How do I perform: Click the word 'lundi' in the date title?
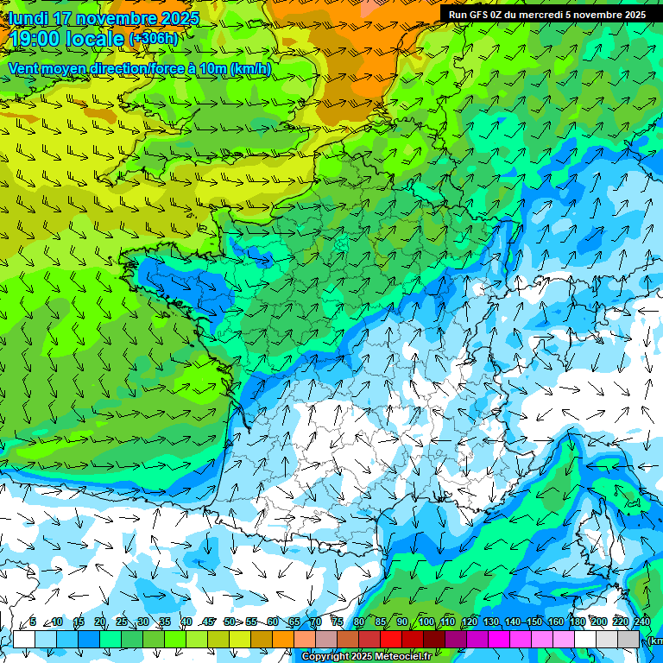point(28,18)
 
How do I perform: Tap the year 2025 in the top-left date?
point(180,18)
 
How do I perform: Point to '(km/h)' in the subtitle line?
point(250,68)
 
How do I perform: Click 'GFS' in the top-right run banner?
point(480,15)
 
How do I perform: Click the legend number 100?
point(426,622)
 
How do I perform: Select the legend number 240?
point(642,622)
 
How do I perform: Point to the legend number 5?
point(33,622)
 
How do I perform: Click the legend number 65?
point(294,622)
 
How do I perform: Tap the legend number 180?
point(575,622)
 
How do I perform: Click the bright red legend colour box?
point(391,639)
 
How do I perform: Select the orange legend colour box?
point(283,639)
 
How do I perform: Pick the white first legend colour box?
point(24,639)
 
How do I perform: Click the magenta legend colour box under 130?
point(499,639)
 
